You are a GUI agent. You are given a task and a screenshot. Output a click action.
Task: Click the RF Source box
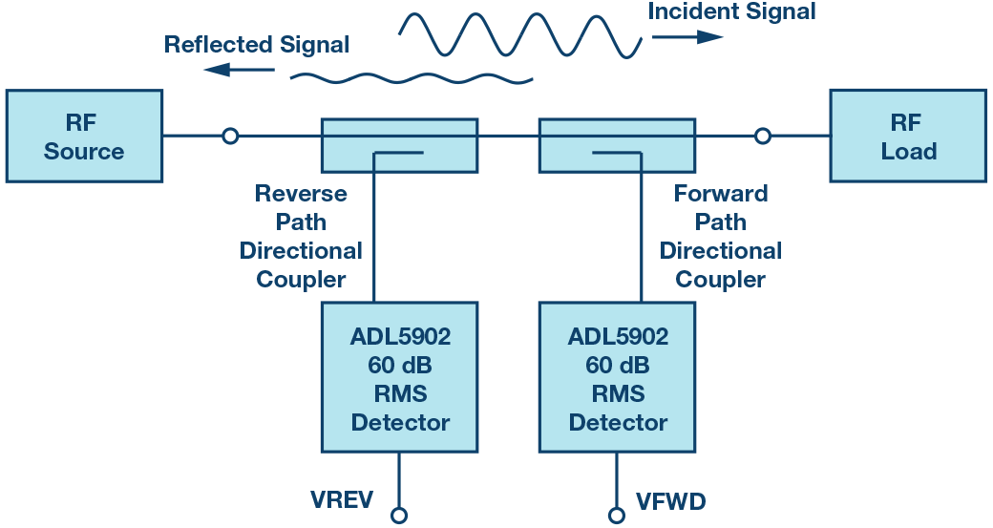coord(84,136)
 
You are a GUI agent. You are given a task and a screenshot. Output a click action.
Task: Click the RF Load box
coord(907,136)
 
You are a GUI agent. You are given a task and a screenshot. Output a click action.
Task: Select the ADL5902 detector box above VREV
coord(399,377)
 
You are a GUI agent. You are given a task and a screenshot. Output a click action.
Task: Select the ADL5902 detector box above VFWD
coord(618,377)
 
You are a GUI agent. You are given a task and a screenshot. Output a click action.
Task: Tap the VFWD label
coord(671,500)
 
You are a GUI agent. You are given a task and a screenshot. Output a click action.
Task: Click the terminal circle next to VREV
coord(399,516)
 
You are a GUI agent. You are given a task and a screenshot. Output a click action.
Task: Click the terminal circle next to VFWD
coord(618,516)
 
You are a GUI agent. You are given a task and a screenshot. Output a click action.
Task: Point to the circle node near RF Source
coord(230,137)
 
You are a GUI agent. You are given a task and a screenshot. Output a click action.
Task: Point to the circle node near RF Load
coord(762,137)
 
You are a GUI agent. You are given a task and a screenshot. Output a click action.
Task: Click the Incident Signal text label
coord(731,12)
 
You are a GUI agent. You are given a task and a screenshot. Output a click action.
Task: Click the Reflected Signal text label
coord(256,45)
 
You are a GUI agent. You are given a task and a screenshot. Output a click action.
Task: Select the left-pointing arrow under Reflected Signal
coord(239,69)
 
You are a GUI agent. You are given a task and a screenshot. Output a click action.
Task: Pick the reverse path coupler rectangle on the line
coord(399,145)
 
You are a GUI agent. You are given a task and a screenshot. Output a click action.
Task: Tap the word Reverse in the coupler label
coord(302,194)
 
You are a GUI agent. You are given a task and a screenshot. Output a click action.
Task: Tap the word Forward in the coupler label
coord(721,194)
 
